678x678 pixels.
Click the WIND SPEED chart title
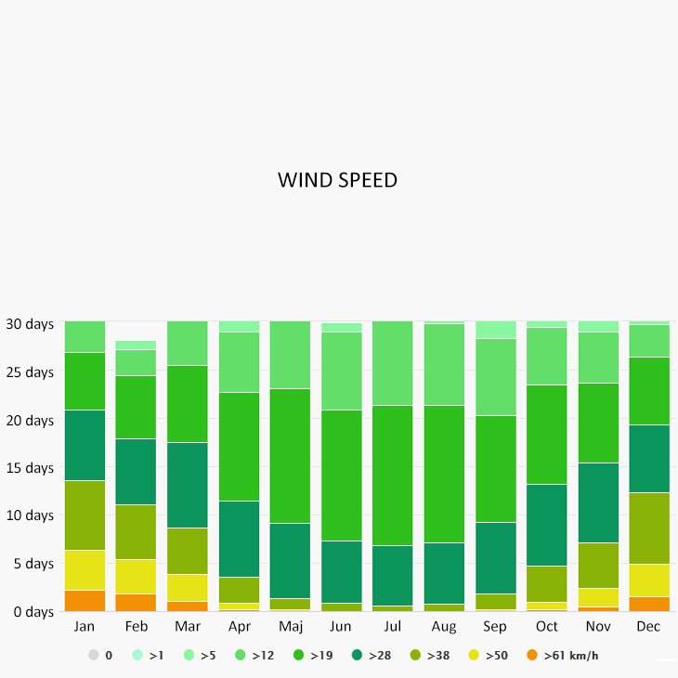pos(337,180)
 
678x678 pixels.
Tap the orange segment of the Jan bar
pos(85,600)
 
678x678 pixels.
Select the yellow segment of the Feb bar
pos(136,576)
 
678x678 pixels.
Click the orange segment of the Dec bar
pos(648,604)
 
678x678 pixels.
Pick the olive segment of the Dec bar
pos(648,528)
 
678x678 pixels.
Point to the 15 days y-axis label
pos(30,468)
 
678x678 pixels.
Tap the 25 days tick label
pos(30,372)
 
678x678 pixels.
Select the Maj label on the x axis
pos(290,627)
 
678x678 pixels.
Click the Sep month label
pos(495,627)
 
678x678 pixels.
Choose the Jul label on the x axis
pos(393,627)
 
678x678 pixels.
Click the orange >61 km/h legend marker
pos(532,656)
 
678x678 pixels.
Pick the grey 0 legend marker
pos(93,656)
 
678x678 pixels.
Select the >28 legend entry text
pos(380,656)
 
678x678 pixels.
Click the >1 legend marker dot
pos(137,656)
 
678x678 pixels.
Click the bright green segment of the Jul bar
pos(393,475)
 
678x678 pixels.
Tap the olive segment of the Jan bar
pos(85,515)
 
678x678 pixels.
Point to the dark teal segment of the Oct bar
pos(546,525)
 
